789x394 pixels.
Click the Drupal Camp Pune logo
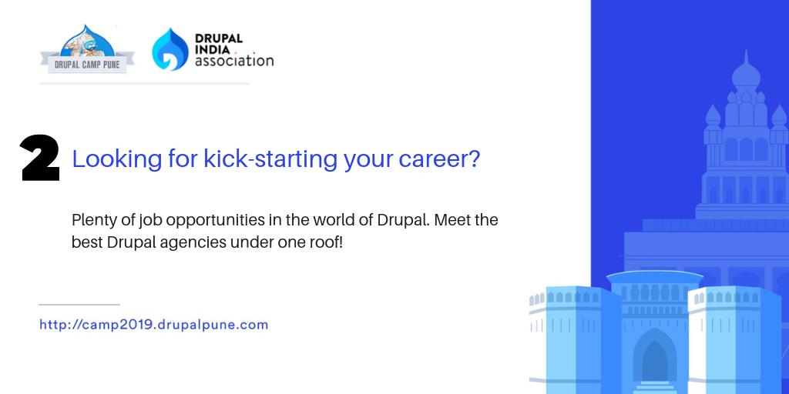pyautogui.click(x=87, y=50)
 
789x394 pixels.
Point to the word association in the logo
pyautogui.click(x=234, y=61)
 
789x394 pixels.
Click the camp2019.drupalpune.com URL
pyautogui.click(x=153, y=325)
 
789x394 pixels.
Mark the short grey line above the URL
pyautogui.click(x=79, y=305)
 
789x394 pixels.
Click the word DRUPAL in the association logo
pyautogui.click(x=219, y=38)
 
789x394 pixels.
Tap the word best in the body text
pyautogui.click(x=86, y=242)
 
